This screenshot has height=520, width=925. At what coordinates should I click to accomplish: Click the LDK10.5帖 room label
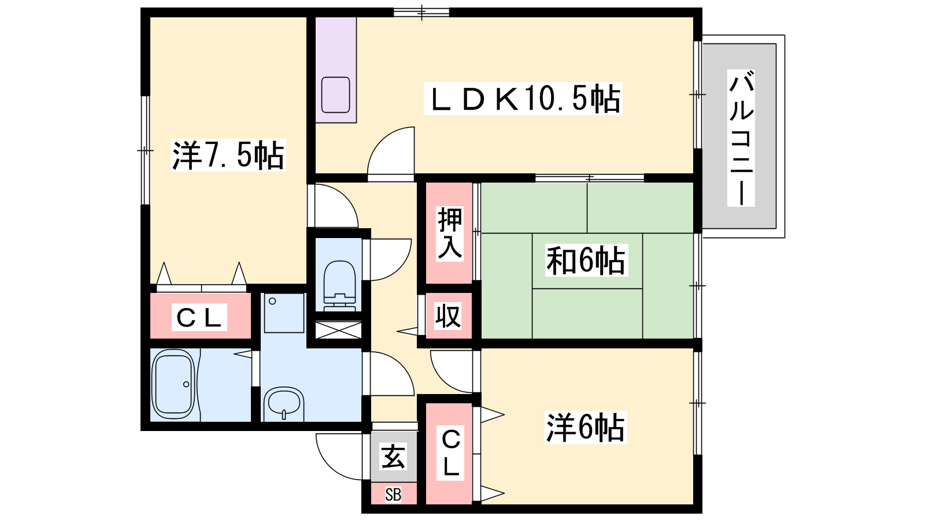click(x=523, y=99)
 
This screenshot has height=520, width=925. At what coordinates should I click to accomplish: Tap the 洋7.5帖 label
click(x=228, y=155)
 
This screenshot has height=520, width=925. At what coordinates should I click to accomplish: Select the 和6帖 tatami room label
click(x=586, y=261)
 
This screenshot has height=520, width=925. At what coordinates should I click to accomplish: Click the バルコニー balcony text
click(x=741, y=138)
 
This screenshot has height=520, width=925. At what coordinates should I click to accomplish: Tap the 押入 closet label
click(x=450, y=233)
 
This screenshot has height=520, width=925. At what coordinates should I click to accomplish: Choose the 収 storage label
click(x=448, y=316)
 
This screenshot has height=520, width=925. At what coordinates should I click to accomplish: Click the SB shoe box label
click(x=393, y=494)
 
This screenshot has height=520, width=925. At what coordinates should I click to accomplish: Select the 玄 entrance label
click(x=393, y=456)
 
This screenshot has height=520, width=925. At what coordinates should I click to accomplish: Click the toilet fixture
click(x=339, y=285)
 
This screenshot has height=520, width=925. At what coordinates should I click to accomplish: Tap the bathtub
click(x=173, y=385)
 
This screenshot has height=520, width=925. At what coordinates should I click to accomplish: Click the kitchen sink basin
click(x=336, y=95)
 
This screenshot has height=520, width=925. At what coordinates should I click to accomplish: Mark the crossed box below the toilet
click(x=338, y=330)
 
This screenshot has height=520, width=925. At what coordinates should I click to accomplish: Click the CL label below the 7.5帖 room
click(x=199, y=317)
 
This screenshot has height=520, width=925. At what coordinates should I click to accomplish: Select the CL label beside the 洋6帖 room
click(x=450, y=453)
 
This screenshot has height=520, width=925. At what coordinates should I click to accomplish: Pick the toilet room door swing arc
click(x=398, y=266)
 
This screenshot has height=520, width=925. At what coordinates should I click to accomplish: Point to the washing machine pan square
click(x=284, y=313)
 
